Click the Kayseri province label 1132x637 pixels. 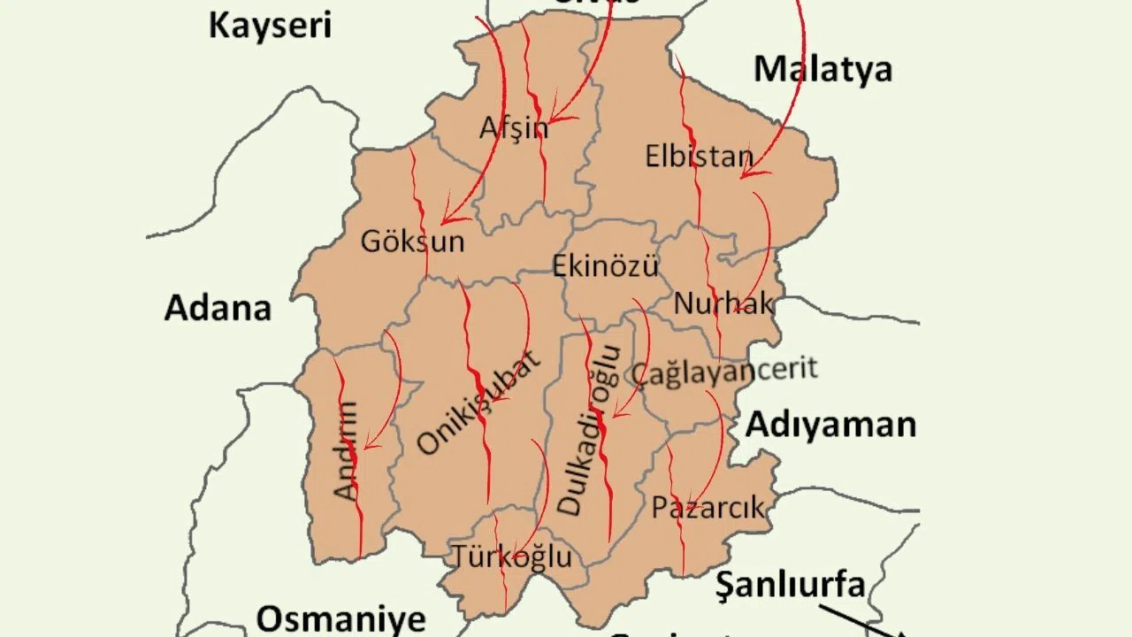pyautogui.click(x=270, y=25)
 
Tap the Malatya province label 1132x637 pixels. pyautogui.click(x=822, y=69)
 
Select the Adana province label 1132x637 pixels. pyautogui.click(x=218, y=309)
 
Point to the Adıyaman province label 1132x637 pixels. pyautogui.click(x=830, y=425)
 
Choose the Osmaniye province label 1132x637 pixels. pyautogui.click(x=340, y=618)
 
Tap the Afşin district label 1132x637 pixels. pyautogui.click(x=514, y=129)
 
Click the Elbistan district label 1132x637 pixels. pyautogui.click(x=699, y=157)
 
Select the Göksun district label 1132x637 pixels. pyautogui.click(x=412, y=242)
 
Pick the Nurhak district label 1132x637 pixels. pyautogui.click(x=723, y=303)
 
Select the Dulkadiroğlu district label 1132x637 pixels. pyautogui.click(x=587, y=430)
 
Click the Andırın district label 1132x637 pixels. pyautogui.click(x=347, y=451)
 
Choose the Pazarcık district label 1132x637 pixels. pyautogui.click(x=707, y=507)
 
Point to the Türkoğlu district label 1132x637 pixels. pyautogui.click(x=512, y=556)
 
